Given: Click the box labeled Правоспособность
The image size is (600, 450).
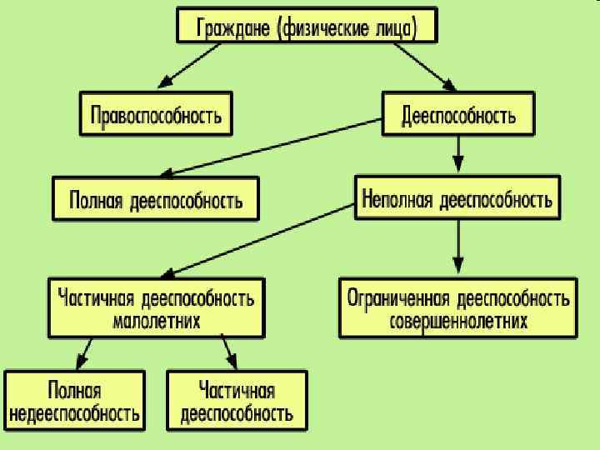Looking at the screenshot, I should coord(156,114).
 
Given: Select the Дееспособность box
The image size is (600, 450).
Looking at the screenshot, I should coord(458,114).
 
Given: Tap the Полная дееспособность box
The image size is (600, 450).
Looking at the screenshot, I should coord(156,198).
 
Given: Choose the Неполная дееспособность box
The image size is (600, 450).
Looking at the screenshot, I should coord(457,198).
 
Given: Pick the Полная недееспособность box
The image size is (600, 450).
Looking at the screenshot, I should coord(74,401).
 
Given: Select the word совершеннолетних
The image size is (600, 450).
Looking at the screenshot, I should coord(458,321).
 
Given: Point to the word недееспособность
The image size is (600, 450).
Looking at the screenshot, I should coord(74,412).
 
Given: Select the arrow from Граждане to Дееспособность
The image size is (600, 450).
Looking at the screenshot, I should coord(424,66).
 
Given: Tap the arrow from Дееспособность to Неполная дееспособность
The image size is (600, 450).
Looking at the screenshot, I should coord(457,154).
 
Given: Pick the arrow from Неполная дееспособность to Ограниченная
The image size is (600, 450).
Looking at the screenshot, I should coord(457,245).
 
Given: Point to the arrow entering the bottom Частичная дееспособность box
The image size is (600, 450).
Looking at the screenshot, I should coord(229,352).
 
